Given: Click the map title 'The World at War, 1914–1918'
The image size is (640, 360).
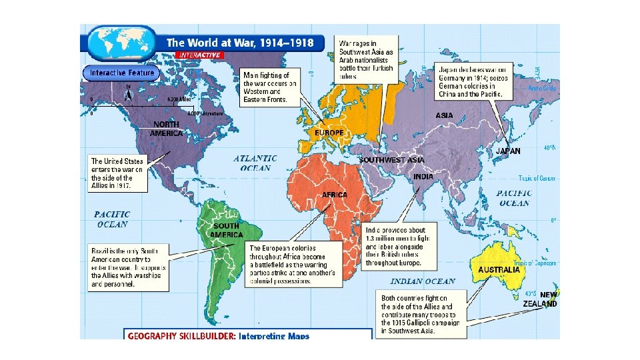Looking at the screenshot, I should [x=240, y=43].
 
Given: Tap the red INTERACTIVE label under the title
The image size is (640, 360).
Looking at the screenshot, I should [x=199, y=55].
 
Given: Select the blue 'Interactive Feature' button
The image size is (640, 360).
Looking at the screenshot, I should [x=121, y=73].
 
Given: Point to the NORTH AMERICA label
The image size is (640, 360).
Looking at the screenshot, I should [x=166, y=129].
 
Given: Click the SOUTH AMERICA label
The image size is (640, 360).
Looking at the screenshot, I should [x=226, y=231].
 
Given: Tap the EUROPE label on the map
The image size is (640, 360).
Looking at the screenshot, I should [x=329, y=133].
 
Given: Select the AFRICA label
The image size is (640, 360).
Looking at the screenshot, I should [x=335, y=195].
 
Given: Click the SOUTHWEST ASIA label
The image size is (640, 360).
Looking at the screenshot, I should [x=391, y=160].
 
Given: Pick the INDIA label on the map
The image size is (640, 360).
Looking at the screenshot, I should [x=423, y=177].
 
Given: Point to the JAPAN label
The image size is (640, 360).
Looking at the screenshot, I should [x=508, y=151].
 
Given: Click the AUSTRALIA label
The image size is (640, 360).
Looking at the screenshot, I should [x=499, y=270].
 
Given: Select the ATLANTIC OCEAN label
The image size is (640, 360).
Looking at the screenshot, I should [x=255, y=163].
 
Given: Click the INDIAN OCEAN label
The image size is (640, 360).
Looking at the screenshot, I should [x=423, y=281].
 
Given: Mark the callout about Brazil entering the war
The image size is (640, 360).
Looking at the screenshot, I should [x=129, y=267].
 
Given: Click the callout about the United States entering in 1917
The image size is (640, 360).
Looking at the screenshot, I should [x=119, y=174].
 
